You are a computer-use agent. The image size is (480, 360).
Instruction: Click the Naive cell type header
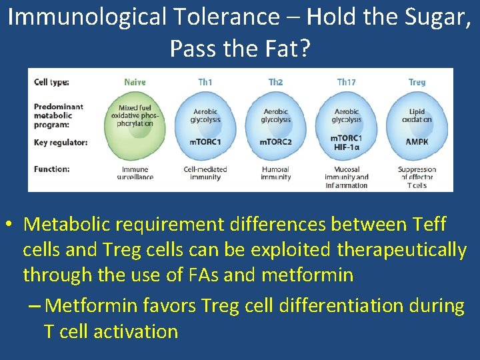click(x=135, y=82)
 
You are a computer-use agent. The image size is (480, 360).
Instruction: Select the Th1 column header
click(x=205, y=82)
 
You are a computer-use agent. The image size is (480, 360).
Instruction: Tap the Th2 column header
click(x=275, y=82)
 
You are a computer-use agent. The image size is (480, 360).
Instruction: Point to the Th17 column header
click(x=346, y=82)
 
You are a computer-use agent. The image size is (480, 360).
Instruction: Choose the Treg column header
click(x=417, y=82)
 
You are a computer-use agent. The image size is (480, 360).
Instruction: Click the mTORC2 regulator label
click(x=276, y=142)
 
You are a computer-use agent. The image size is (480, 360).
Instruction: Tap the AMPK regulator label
click(x=417, y=142)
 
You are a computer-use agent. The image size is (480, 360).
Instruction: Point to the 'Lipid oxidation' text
click(x=417, y=116)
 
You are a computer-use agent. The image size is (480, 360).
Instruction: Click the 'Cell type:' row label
click(x=51, y=83)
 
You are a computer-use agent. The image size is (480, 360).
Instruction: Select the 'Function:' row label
click(x=51, y=169)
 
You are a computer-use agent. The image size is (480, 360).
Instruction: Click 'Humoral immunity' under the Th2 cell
click(x=276, y=173)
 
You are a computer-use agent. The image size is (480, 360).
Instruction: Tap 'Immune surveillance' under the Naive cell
click(x=135, y=173)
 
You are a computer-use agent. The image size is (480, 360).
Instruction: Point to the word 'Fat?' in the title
click(x=288, y=48)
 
